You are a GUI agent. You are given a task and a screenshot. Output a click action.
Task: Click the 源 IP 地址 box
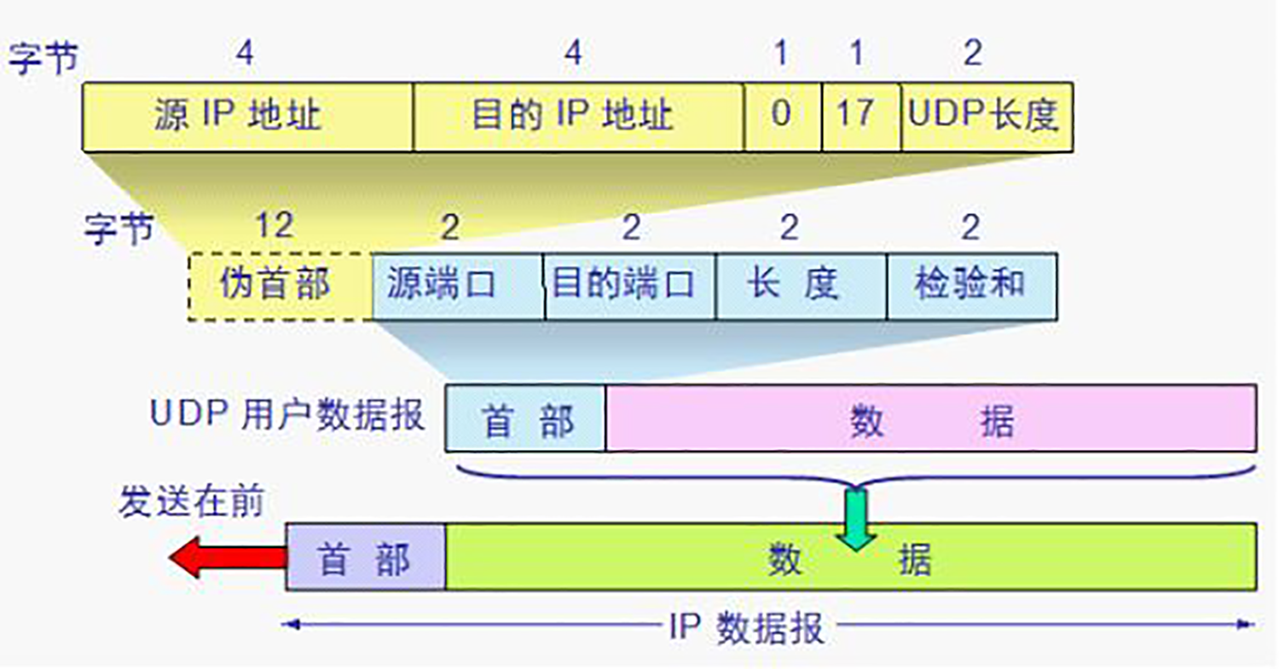[x=247, y=117]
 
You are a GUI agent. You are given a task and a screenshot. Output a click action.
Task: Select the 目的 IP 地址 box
[x=578, y=117]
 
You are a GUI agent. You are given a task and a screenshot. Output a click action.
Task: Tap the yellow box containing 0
[x=782, y=117]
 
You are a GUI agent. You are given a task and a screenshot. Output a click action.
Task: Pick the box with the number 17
[x=860, y=117]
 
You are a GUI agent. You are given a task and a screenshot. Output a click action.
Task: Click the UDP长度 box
[x=986, y=117]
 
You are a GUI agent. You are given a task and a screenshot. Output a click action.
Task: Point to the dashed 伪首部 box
[x=280, y=285]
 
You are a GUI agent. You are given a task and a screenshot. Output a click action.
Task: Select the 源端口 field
[x=458, y=285]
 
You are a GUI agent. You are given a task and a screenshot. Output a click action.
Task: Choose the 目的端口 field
[x=629, y=285]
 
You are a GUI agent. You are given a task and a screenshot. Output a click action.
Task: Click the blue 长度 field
[x=801, y=285]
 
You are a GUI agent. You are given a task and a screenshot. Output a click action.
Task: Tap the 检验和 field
[x=971, y=285]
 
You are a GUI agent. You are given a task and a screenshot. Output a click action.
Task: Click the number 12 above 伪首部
[x=275, y=227]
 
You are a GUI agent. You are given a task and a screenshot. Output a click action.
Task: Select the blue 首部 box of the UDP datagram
[x=525, y=418]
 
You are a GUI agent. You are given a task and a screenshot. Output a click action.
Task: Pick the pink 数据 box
[x=930, y=418]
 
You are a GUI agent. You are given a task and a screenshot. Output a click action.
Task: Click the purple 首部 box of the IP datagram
[x=365, y=557]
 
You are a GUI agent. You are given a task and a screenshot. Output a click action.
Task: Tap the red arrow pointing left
[x=225, y=558]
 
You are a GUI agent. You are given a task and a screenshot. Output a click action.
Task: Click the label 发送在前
[x=191, y=503]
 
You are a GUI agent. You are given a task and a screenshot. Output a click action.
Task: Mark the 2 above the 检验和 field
[x=970, y=227]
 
